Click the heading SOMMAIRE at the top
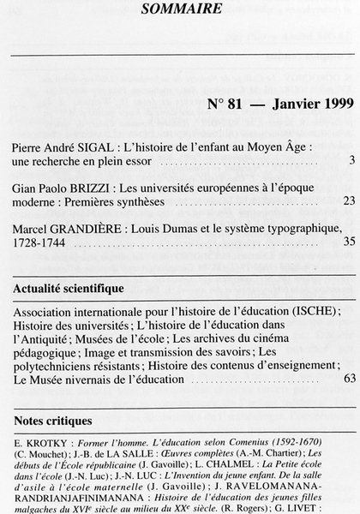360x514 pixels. [x=180, y=9]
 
